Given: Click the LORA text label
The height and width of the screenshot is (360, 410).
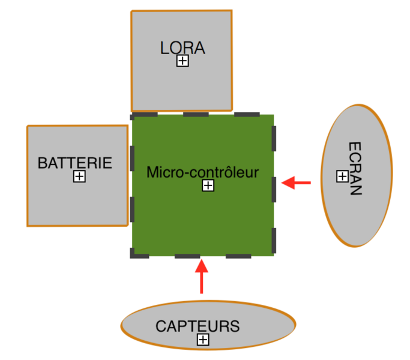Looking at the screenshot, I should pyautogui.click(x=182, y=48).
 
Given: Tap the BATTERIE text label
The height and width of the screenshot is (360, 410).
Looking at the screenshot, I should pyautogui.click(x=74, y=163).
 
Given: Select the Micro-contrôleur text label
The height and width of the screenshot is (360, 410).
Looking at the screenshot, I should pyautogui.click(x=202, y=173).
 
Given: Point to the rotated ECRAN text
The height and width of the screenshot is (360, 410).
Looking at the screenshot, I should pyautogui.click(x=355, y=169).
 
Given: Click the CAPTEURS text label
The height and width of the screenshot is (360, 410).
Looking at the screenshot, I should pyautogui.click(x=197, y=326).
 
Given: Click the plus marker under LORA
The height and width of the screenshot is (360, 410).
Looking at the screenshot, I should pyautogui.click(x=182, y=61).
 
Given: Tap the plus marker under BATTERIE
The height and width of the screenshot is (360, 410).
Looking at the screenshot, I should pyautogui.click(x=79, y=176).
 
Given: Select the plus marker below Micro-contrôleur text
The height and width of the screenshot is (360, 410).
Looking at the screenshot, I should pyautogui.click(x=208, y=185).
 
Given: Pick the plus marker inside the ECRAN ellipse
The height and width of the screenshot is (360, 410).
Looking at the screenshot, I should pyautogui.click(x=342, y=176).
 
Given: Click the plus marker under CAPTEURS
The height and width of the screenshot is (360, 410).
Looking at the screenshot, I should pyautogui.click(x=203, y=340).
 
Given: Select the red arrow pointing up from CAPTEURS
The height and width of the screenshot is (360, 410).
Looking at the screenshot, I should pyautogui.click(x=202, y=276).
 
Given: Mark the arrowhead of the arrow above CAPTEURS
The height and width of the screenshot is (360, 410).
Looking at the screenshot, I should pyautogui.click(x=202, y=263).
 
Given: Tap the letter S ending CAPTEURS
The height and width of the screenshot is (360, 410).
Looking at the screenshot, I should pyautogui.click(x=235, y=326).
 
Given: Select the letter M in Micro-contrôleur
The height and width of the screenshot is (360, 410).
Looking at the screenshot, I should pyautogui.click(x=152, y=173).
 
